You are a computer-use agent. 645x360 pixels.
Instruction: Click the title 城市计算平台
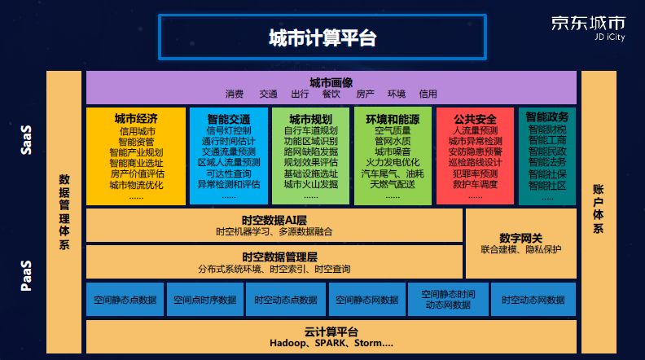322,37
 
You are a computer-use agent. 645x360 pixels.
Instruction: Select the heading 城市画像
331,81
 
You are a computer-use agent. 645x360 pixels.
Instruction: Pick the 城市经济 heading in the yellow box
136,118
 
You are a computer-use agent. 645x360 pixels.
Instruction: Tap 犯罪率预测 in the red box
475,173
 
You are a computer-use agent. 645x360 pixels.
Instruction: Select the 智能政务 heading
546,117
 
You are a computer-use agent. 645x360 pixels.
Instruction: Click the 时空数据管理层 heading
274,257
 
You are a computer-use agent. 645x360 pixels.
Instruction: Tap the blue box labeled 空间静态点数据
124,300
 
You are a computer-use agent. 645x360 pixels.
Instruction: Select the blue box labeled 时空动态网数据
533,300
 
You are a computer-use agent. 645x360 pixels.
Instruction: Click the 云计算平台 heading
331,331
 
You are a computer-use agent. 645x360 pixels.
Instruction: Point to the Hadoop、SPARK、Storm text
331,344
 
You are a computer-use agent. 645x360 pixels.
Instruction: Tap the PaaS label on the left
26,275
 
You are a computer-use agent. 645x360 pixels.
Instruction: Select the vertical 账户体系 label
598,209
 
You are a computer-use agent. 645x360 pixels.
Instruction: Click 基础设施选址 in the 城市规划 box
310,173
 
